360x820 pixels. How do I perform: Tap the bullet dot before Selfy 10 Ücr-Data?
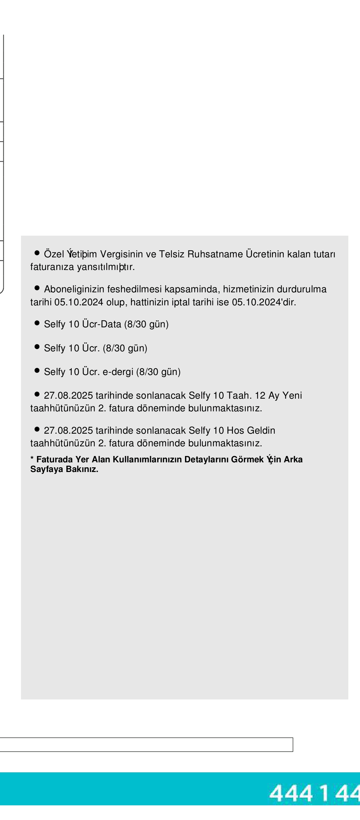37,323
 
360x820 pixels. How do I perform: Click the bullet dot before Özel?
37,253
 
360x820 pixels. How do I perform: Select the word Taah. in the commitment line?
239,396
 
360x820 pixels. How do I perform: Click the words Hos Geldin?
251,431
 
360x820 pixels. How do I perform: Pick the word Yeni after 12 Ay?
292,396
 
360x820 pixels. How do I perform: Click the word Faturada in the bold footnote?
54,460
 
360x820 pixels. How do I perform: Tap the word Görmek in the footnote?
247,460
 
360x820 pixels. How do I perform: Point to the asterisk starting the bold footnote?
32,459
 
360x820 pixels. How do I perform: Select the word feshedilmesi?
134,289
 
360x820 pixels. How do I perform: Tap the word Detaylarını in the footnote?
206,460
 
